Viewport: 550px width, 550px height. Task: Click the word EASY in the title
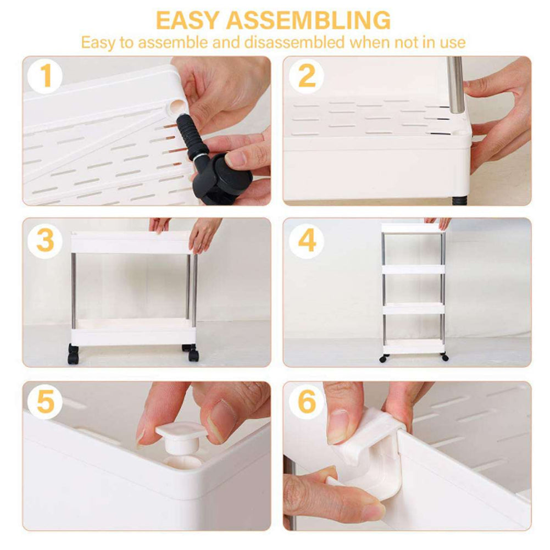pos(188,20)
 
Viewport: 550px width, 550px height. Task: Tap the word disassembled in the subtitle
pos(295,42)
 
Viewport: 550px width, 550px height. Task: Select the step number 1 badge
pos(45,76)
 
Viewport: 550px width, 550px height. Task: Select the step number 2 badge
pos(306,76)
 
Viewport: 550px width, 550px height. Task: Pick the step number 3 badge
pos(45,241)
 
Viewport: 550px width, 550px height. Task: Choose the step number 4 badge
pos(306,241)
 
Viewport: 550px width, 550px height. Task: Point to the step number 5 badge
pos(45,402)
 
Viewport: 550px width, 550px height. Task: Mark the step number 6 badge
pos(306,402)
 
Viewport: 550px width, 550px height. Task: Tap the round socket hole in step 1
pos(177,105)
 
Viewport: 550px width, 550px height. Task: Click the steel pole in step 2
pos(455,85)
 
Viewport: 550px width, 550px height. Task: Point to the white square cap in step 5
pos(181,437)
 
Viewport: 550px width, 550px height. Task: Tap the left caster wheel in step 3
pos(73,354)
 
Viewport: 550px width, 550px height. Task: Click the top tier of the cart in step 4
pos(413,228)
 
